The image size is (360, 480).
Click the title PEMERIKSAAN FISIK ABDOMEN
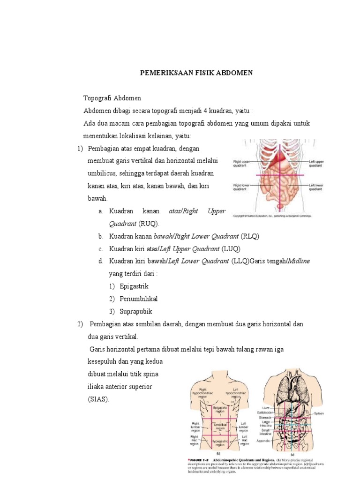pos(197,73)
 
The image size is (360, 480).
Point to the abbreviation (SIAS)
pos(98,399)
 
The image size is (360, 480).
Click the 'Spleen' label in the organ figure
pos(319,413)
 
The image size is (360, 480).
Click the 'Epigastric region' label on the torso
pos(220,410)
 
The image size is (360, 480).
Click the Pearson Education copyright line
pos(272,216)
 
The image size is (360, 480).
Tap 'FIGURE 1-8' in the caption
pos(198,460)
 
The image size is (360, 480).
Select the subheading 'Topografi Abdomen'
pos(112,98)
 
